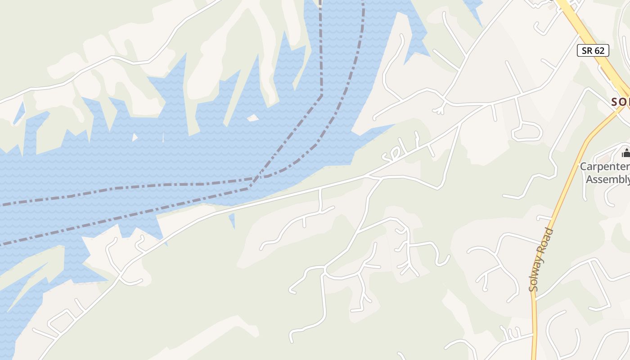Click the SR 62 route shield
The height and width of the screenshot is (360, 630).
point(593,50)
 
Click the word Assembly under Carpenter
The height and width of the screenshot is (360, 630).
point(608,180)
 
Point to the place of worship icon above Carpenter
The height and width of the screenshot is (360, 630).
point(625,153)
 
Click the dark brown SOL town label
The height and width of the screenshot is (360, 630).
point(621,102)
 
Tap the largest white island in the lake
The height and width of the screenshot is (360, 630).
point(253,118)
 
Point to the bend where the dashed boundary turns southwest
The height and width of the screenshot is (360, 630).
point(321,95)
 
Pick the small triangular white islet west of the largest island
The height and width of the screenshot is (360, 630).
point(135,137)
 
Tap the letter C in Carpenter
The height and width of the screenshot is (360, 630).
point(584,167)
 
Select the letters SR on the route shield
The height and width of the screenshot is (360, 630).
point(587,50)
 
